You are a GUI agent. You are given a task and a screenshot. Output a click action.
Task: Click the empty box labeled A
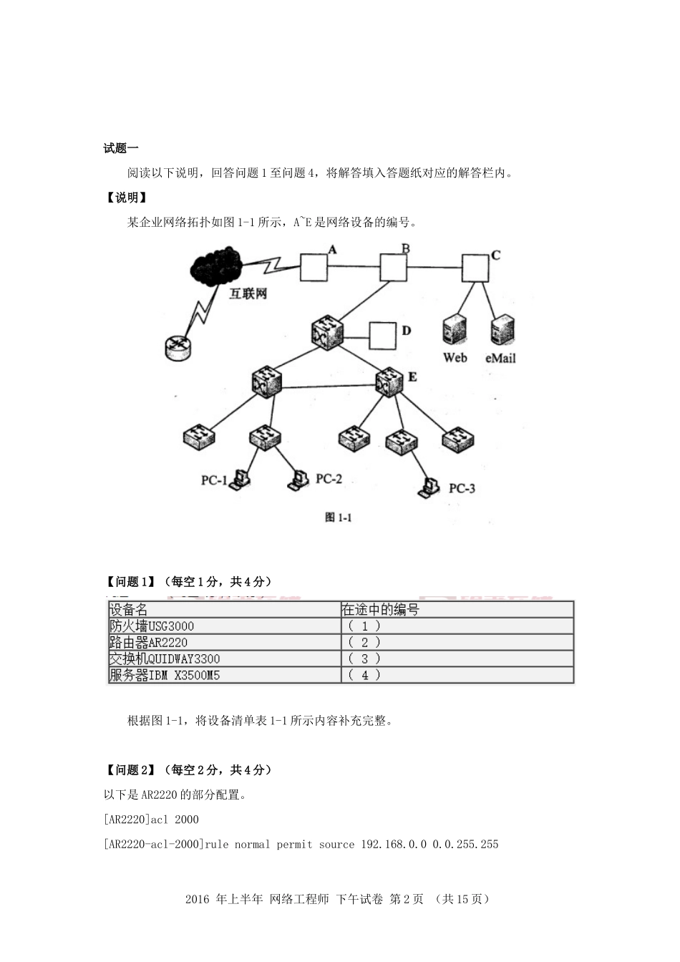(313, 268)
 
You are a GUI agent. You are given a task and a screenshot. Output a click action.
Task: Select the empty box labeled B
(393, 268)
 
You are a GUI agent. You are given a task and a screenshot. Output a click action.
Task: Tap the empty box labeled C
(475, 268)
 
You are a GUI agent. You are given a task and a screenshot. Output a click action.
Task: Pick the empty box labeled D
(382, 336)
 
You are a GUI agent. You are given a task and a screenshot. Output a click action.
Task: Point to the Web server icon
(455, 331)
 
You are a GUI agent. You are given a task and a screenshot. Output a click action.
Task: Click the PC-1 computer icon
(240, 479)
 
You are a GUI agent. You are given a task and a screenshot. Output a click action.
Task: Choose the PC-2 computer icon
(298, 479)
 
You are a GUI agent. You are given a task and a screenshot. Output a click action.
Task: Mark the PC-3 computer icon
(429, 487)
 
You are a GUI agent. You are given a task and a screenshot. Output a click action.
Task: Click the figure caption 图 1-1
(339, 518)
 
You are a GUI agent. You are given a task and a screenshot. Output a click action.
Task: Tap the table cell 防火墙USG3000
(151, 626)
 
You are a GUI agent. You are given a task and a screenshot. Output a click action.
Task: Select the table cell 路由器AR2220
(148, 643)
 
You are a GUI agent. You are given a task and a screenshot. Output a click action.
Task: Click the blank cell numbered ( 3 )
(365, 659)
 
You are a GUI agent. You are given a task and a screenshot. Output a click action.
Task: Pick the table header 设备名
(128, 610)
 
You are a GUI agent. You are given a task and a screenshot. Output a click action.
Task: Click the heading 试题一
(121, 148)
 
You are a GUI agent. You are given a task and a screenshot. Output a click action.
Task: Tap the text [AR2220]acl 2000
(151, 820)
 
